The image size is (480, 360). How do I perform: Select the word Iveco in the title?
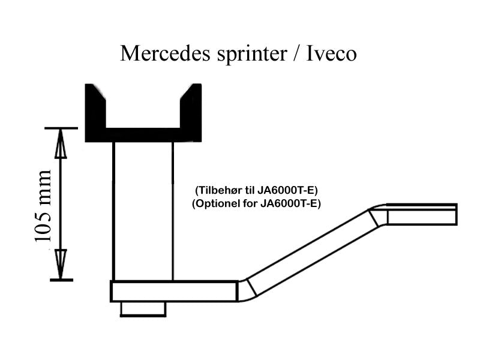click(332, 53)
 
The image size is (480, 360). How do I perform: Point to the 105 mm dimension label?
click(44, 206)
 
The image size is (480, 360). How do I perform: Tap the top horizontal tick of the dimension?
click(61, 128)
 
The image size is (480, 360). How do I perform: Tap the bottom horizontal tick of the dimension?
click(61, 280)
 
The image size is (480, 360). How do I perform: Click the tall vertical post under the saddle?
click(143, 210)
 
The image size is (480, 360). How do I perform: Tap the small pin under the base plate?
click(143, 308)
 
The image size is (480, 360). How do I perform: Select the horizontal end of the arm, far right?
click(420, 214)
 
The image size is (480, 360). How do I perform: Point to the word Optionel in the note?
click(217, 203)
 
